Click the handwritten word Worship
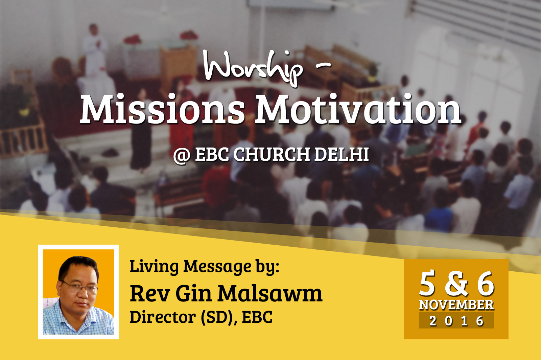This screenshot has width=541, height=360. coord(253,68)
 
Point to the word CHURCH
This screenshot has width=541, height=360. coord(272,154)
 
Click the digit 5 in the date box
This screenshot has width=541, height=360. coord(427,284)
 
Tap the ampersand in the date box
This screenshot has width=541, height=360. coord(456,284)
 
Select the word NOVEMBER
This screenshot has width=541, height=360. coord(456,305)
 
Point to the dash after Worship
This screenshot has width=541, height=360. coord(323,65)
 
